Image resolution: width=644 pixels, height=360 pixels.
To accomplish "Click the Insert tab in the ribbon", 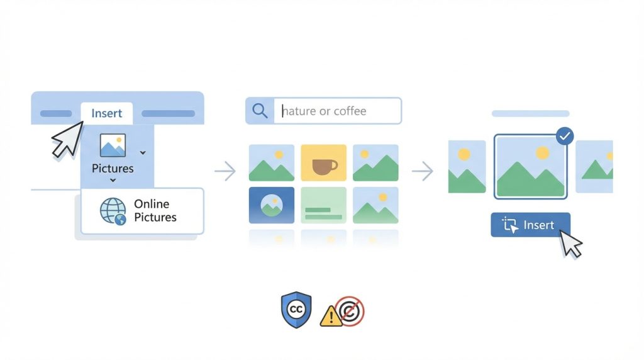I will click(x=107, y=113).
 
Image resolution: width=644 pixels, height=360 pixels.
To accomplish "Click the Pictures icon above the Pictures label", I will click(x=113, y=145).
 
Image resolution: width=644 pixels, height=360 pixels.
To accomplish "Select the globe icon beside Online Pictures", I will click(x=113, y=211).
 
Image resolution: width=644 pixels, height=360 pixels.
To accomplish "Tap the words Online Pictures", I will click(x=155, y=211).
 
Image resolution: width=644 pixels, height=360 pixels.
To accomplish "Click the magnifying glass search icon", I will click(x=260, y=111).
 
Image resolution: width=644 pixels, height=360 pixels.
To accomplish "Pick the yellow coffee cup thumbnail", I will click(x=323, y=163).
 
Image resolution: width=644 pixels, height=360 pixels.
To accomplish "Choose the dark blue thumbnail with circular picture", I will click(x=271, y=205).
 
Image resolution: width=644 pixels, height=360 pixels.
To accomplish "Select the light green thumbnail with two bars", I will click(x=323, y=205).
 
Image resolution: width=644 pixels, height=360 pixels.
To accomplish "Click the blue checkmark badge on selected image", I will click(x=565, y=137).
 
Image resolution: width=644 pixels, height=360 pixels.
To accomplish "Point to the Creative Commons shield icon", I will click(x=296, y=310).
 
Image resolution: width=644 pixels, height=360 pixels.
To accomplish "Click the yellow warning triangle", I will click(x=330, y=316).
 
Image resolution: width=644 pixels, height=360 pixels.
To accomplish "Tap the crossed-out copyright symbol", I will click(x=350, y=311).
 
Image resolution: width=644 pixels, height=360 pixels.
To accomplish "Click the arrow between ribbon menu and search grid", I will click(x=225, y=171).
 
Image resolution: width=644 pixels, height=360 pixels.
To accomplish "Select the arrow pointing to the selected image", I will click(x=422, y=171).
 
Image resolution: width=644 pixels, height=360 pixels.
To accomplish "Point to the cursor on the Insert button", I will click(x=571, y=243).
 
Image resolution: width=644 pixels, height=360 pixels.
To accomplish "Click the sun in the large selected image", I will click(x=541, y=152).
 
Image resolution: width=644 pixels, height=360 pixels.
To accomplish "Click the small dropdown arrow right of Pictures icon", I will click(x=143, y=152).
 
